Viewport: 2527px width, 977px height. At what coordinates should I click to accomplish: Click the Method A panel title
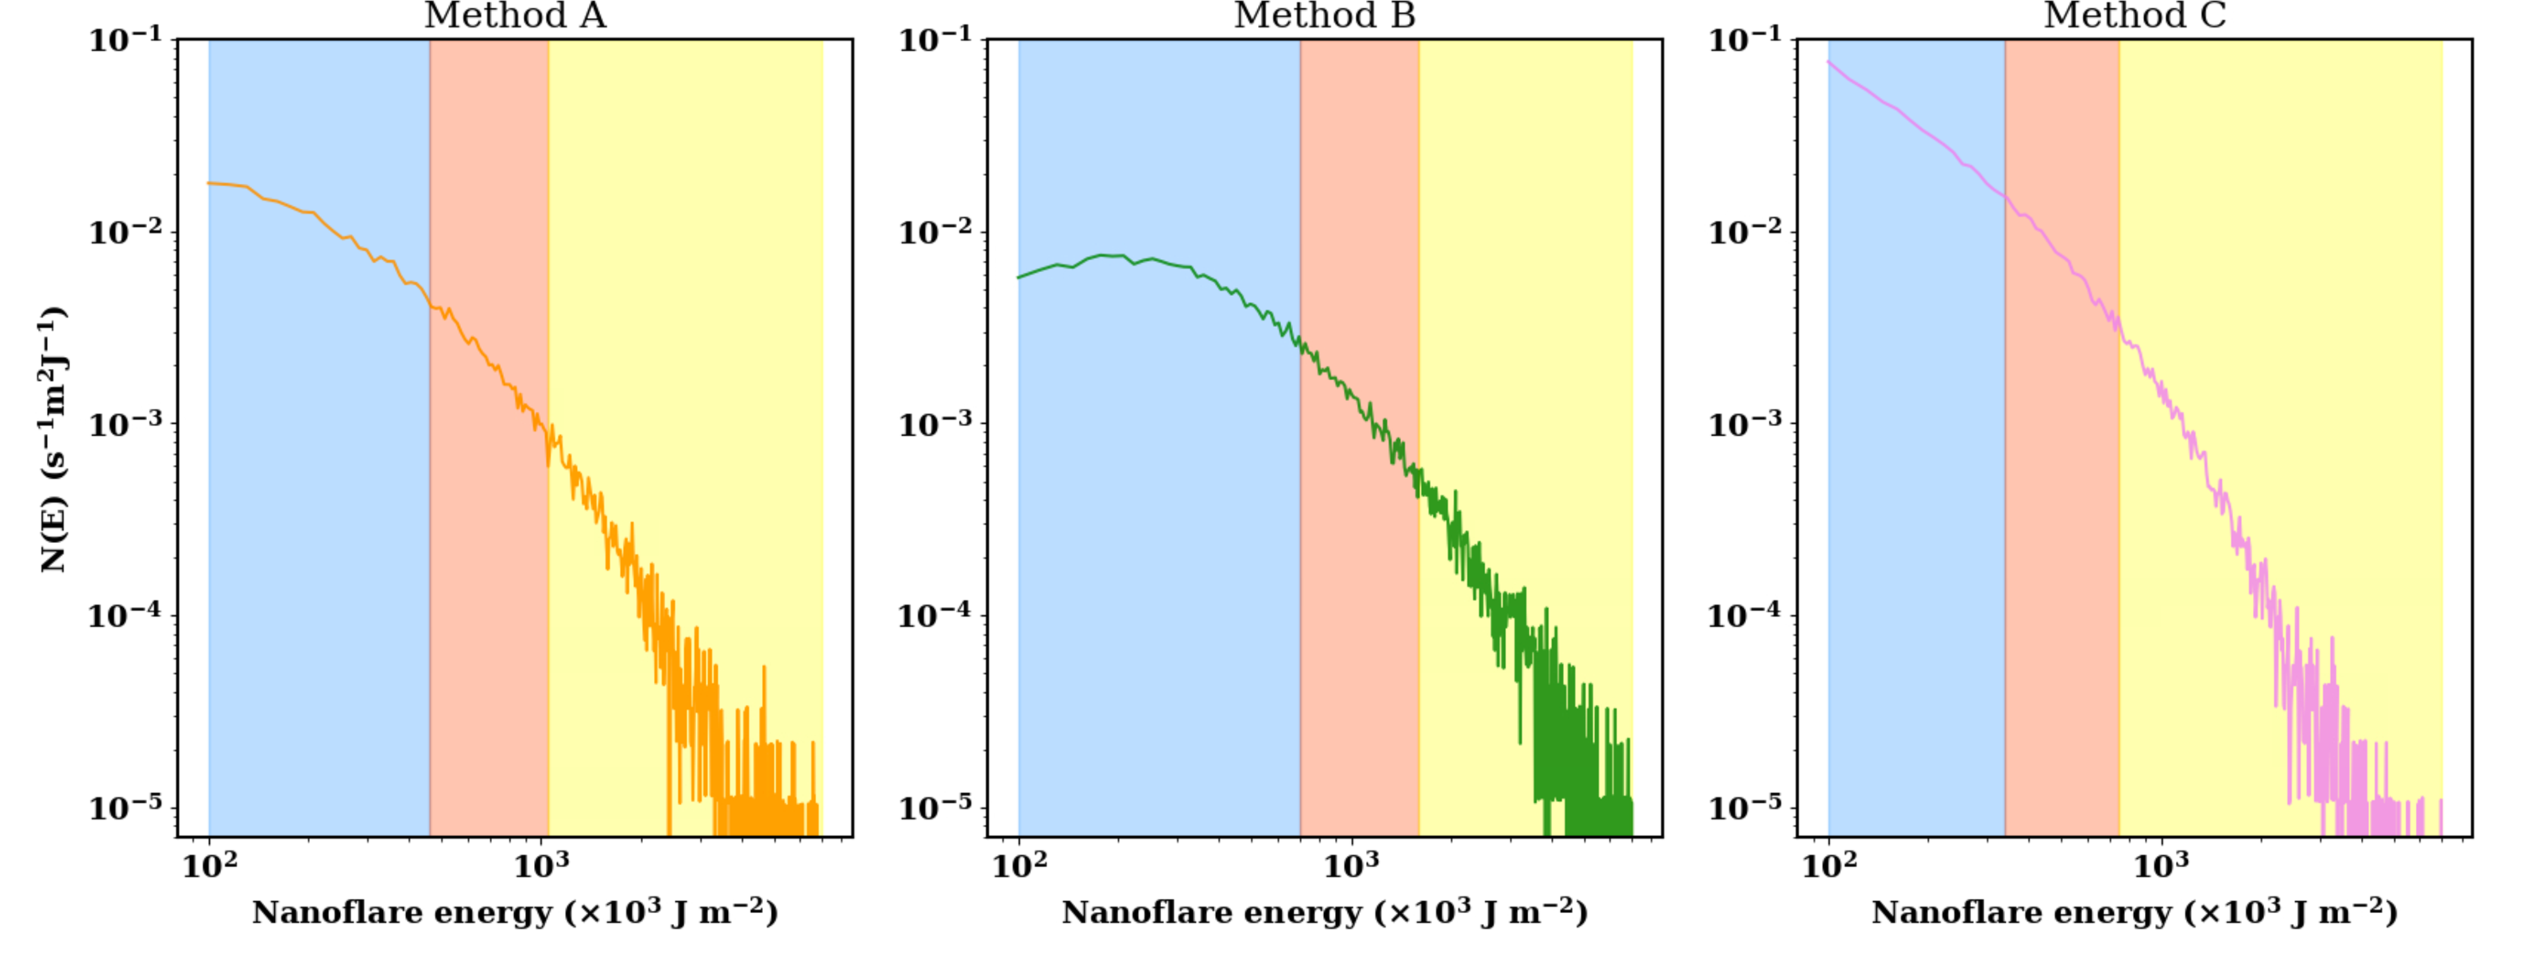[514, 16]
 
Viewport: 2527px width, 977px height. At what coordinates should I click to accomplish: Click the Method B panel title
[1324, 16]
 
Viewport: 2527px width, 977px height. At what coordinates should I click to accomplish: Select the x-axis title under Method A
[514, 912]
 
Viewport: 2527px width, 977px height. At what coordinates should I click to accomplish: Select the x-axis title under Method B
[1324, 912]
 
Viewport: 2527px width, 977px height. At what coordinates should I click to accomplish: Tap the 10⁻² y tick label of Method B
[936, 232]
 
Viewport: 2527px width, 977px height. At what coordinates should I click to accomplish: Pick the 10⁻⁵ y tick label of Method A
[126, 808]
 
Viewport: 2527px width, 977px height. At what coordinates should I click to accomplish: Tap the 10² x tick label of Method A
[210, 865]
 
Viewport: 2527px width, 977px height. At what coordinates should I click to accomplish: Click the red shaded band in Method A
[488, 589]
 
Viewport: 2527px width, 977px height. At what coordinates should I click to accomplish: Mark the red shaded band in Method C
[2062, 589]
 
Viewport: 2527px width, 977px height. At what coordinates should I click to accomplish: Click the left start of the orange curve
[209, 183]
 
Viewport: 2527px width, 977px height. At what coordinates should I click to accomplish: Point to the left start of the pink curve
[1828, 63]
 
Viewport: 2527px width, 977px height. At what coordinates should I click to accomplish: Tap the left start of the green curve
[1019, 278]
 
